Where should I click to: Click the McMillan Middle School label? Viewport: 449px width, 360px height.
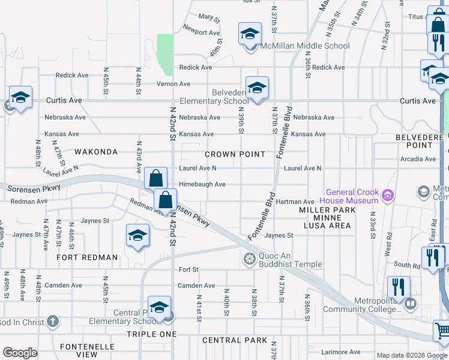tap(304, 46)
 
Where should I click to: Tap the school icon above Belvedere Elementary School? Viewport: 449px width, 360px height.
tap(257, 88)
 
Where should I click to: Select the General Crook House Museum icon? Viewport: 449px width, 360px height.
tap(388, 195)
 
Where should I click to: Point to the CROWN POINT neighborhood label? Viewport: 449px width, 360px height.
tap(235, 154)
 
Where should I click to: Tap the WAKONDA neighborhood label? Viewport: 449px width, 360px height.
tap(95, 152)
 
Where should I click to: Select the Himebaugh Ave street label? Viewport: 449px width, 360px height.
tap(202, 185)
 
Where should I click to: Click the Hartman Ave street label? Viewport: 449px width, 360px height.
tap(295, 202)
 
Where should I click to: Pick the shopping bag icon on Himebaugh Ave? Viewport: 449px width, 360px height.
tap(155, 178)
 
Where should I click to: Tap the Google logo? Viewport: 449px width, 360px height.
tap(20, 353)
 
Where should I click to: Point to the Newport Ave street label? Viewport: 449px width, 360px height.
tap(202, 32)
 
